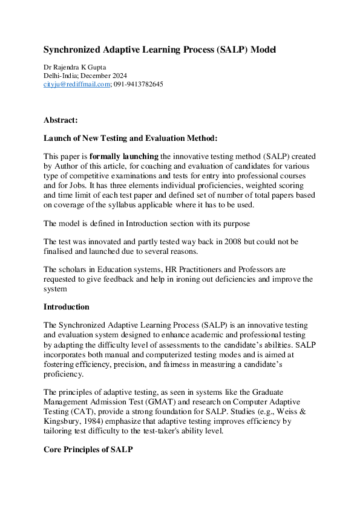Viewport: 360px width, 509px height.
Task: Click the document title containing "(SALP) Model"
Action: click(160, 50)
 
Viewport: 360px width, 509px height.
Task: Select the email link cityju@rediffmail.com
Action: click(77, 85)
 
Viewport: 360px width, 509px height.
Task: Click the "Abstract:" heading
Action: click(61, 120)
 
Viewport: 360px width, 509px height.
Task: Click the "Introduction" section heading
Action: click(67, 306)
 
